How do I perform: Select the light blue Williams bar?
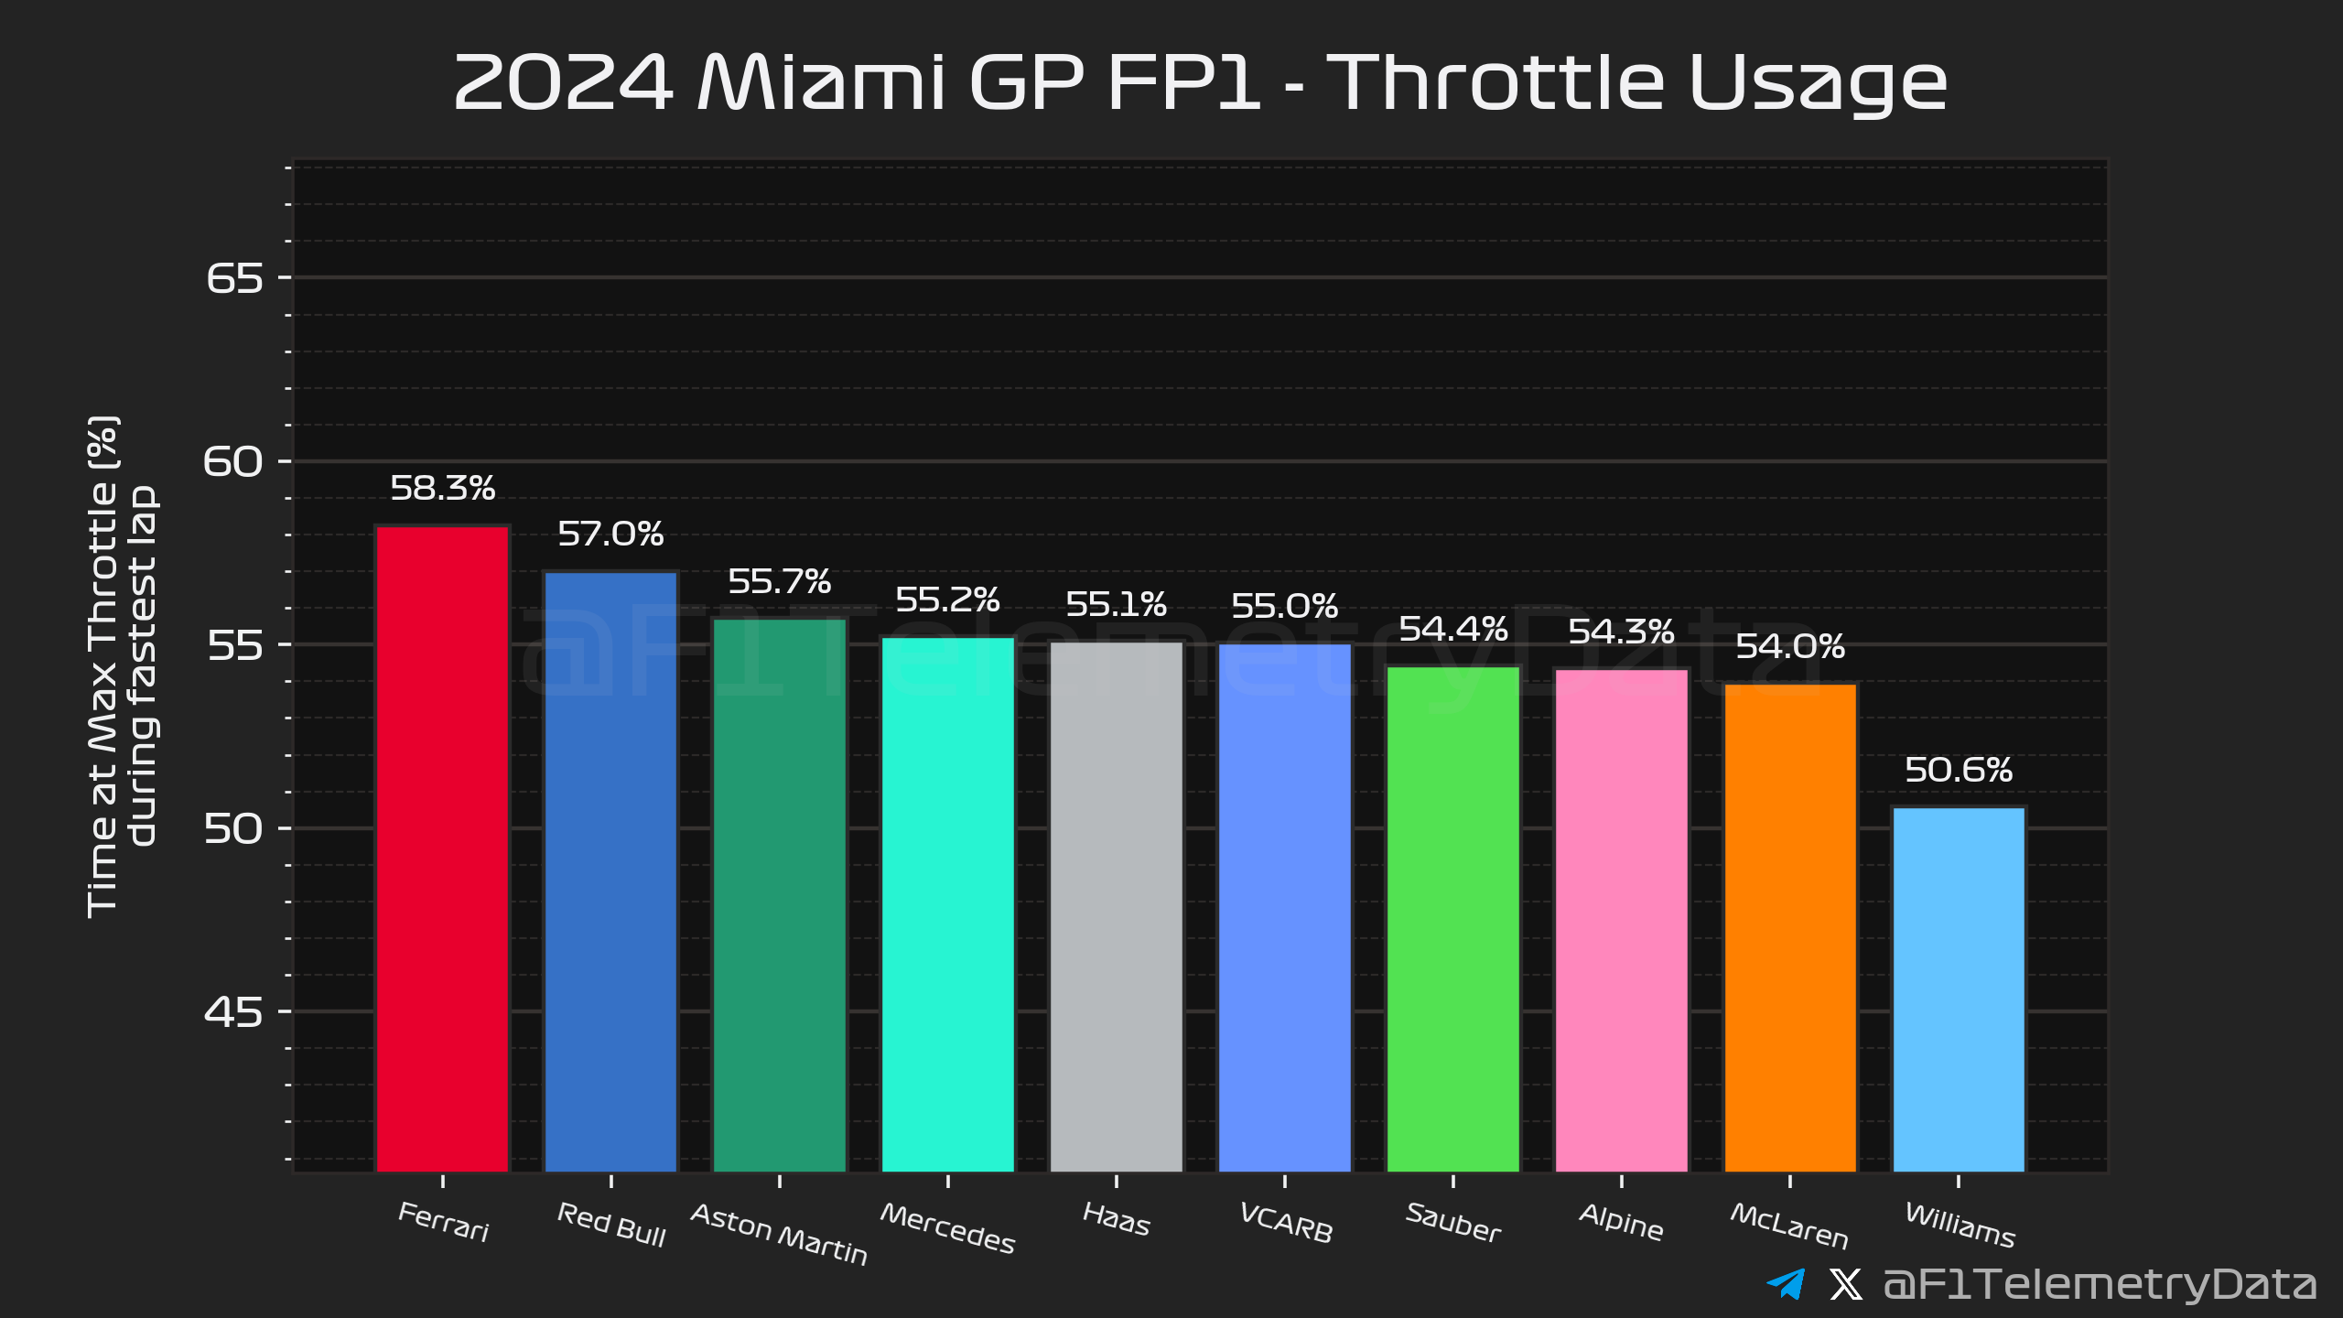pyautogui.click(x=1959, y=988)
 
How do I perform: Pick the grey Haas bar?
pyautogui.click(x=1116, y=906)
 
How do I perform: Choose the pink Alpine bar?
pyautogui.click(x=1621, y=920)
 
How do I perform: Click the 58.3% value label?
pyautogui.click(x=442, y=488)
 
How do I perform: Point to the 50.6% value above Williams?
pyautogui.click(x=1959, y=770)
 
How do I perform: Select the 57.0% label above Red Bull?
pyautogui.click(x=610, y=534)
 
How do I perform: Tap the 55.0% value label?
pyautogui.click(x=1284, y=606)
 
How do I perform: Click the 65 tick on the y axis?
pyautogui.click(x=234, y=278)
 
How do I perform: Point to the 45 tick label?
pyautogui.click(x=234, y=1012)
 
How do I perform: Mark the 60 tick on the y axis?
pyautogui.click(x=234, y=462)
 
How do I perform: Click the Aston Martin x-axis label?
pyautogui.click(x=779, y=1234)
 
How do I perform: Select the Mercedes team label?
pyautogui.click(x=947, y=1228)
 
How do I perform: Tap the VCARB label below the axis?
pyautogui.click(x=1285, y=1223)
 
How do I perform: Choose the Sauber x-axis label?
pyautogui.click(x=1453, y=1223)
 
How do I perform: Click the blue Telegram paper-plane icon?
pyautogui.click(x=1786, y=1284)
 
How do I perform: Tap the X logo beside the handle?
pyautogui.click(x=1845, y=1284)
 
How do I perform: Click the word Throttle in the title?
pyautogui.click(x=1494, y=82)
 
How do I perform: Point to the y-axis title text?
pyautogui.click(x=121, y=666)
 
